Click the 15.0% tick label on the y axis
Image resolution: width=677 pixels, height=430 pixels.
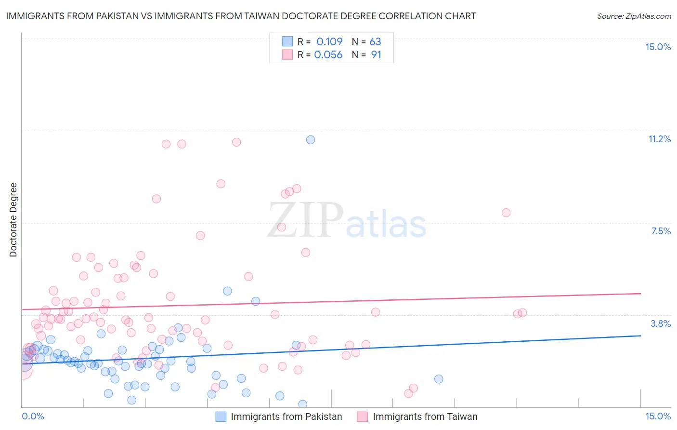coord(658,47)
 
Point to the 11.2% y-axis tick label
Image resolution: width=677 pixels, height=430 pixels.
coord(659,139)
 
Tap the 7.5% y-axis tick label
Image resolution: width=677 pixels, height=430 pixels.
coord(661,231)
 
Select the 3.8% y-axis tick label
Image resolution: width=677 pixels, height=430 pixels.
coord(661,323)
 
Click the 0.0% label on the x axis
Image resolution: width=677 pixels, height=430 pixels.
coord(33,416)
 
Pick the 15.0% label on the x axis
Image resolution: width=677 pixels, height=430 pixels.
coord(658,416)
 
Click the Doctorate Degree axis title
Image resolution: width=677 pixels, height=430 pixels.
coord(13,220)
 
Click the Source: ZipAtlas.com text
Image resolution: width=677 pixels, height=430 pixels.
coord(634,16)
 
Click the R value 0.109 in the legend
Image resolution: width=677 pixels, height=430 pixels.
coord(329,42)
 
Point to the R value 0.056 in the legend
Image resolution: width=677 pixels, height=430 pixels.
coord(328,55)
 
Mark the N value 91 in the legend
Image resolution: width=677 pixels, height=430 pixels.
coord(376,55)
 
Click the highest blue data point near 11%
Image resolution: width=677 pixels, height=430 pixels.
coord(311,140)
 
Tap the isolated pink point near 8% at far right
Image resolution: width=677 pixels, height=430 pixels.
coord(506,213)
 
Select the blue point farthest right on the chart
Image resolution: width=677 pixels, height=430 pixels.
coord(439,379)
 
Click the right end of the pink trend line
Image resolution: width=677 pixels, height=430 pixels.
coord(640,293)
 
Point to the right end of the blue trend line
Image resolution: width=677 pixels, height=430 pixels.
coord(640,336)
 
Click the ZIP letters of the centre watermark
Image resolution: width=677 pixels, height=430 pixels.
coord(305,220)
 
